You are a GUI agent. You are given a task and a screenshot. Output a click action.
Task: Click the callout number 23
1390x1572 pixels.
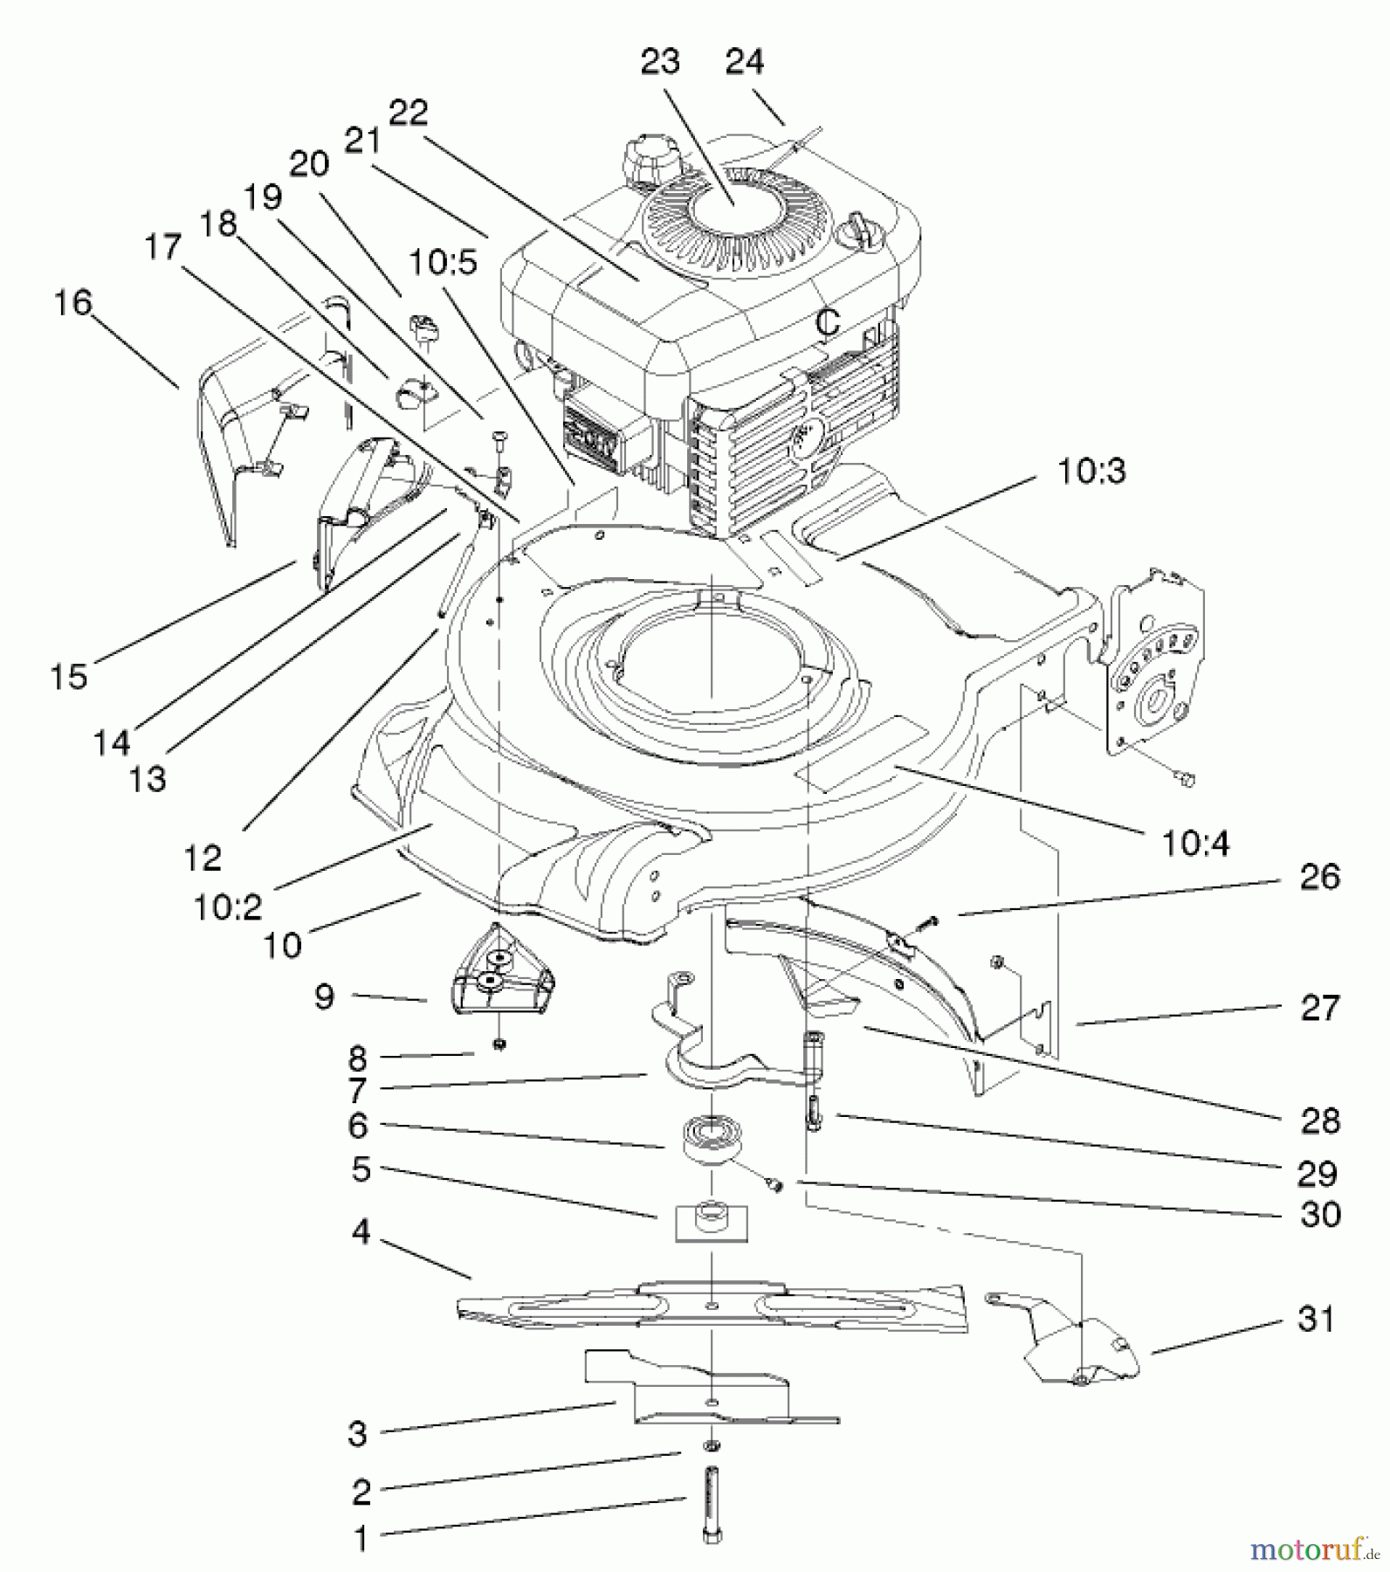659,62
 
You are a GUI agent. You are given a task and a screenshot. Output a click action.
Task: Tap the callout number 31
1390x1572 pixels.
1317,1319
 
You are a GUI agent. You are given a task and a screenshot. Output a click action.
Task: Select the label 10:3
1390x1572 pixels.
1091,472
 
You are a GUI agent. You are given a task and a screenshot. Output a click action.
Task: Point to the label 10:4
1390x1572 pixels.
1194,843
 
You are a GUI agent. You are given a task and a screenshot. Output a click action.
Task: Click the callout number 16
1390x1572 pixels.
72,303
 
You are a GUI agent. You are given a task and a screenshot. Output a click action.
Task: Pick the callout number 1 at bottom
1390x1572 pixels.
361,1539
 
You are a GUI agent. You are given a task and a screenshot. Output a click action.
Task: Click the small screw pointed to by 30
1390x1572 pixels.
774,1184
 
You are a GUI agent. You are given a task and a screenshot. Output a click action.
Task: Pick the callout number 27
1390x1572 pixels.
1318,1007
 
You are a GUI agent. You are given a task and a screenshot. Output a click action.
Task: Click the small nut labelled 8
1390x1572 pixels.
499,1044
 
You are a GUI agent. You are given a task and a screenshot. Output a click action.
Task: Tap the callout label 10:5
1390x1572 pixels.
444,262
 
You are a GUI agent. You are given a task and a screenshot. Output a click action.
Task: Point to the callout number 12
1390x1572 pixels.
203,858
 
